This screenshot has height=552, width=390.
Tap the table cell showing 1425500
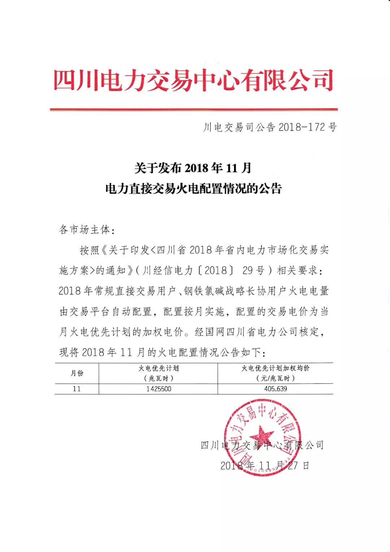tap(159, 389)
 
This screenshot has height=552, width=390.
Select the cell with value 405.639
tap(275, 389)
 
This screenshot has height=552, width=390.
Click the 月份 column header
tap(77, 373)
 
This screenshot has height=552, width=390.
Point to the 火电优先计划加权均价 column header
tap(275, 373)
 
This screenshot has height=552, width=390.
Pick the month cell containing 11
tap(77, 389)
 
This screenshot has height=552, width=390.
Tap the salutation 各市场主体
tap(87, 230)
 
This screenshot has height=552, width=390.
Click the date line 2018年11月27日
tap(265, 465)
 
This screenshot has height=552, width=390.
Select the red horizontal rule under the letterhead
tap(194, 109)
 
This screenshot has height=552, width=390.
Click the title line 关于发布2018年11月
tap(193, 168)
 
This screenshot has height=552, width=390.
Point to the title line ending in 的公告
tap(193, 189)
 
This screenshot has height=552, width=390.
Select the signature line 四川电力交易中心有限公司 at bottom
tap(262, 445)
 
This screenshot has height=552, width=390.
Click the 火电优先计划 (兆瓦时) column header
tap(159, 373)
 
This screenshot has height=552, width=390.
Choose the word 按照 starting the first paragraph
tap(89, 250)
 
